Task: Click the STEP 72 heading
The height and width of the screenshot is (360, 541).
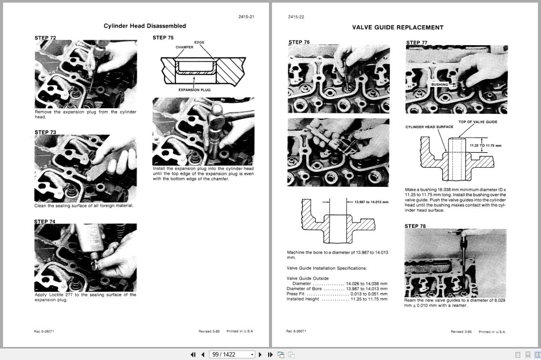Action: pos(45,38)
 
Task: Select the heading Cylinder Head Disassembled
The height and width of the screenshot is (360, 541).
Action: pos(145,26)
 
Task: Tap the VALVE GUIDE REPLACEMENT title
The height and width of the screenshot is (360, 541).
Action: pos(397,27)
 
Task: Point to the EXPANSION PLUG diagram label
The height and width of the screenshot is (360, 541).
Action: pos(195,90)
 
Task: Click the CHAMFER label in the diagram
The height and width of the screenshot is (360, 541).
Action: pos(184,47)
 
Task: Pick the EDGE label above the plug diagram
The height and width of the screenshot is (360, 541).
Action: pos(199,42)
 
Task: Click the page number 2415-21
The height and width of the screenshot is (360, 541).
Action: pos(246,17)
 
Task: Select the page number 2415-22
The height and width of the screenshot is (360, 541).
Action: pos(296,17)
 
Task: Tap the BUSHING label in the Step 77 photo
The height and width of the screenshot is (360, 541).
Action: pos(439,84)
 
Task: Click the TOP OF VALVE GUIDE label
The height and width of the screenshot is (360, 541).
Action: pos(478,122)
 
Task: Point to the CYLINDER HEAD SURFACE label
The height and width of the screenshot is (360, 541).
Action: pos(429,127)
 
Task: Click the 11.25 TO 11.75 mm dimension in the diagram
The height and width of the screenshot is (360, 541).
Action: pos(485,146)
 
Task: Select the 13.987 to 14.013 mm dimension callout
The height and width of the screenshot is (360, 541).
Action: pos(371,202)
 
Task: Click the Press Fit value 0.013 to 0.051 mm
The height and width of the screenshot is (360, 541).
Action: pos(369,294)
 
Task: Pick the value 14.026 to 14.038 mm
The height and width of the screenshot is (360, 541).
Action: pos(366,283)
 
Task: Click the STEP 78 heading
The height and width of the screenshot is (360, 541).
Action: pos(415,226)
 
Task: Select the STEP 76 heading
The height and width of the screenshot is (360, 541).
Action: pos(299,42)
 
